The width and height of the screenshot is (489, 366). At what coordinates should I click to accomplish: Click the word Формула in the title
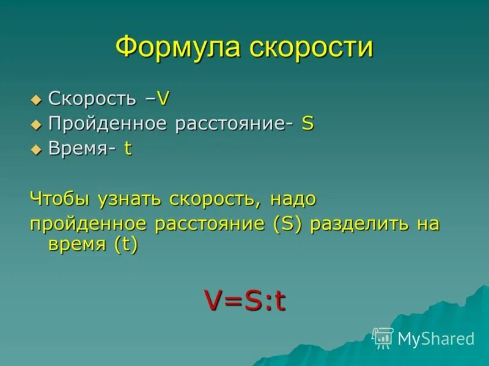click(x=177, y=48)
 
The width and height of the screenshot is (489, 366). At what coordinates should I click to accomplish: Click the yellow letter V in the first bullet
click(x=163, y=98)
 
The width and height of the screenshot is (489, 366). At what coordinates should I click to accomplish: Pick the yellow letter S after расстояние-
click(x=307, y=124)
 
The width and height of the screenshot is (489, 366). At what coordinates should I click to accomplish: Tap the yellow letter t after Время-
click(x=128, y=149)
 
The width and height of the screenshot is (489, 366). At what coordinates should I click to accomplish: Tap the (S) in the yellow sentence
click(x=287, y=224)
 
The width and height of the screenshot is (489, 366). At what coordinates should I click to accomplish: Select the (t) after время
click(x=125, y=244)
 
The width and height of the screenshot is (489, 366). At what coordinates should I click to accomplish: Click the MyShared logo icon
click(x=383, y=338)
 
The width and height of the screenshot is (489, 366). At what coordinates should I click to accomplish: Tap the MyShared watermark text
click(x=436, y=339)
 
